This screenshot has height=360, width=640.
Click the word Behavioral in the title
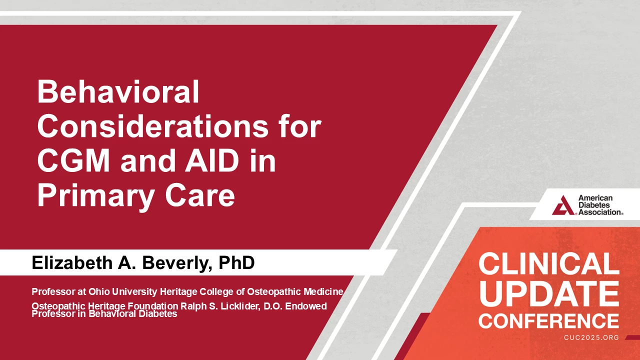pyautogui.click(x=118, y=91)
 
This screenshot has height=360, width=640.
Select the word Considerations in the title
pyautogui.click(x=153, y=126)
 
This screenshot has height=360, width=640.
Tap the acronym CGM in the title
pyautogui.click(x=73, y=160)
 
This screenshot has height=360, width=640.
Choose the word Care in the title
pyautogui.click(x=200, y=195)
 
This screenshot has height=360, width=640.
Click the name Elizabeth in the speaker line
pyautogui.click(x=72, y=262)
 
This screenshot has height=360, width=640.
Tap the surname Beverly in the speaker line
pyautogui.click(x=177, y=263)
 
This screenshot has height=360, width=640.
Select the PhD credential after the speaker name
pyautogui.click(x=236, y=262)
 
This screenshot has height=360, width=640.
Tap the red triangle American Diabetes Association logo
pyautogui.click(x=563, y=205)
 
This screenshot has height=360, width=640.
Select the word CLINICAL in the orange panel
pyautogui.click(x=549, y=264)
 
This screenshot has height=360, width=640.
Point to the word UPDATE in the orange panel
pyautogui.click(x=549, y=293)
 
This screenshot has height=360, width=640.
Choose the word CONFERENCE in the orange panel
pyautogui.click(x=549, y=321)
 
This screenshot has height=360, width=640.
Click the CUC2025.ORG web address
pyautogui.click(x=591, y=337)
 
